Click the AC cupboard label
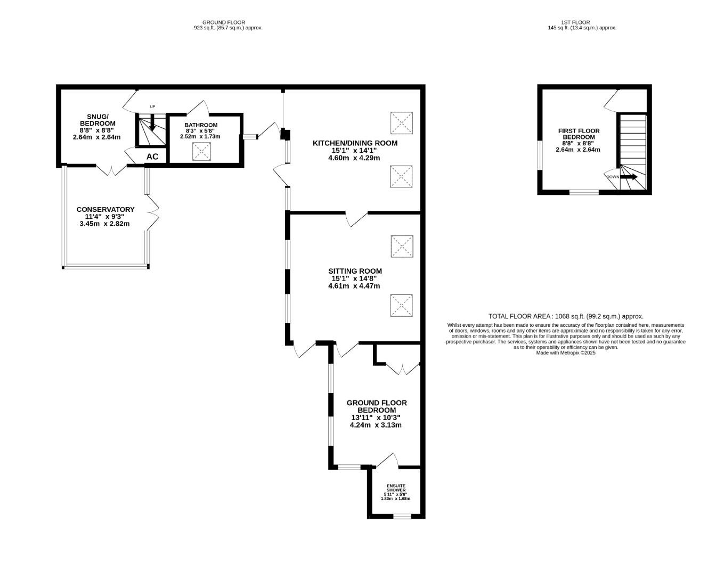(x=152, y=157)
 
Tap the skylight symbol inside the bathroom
(x=202, y=151)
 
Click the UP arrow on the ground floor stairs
(x=152, y=124)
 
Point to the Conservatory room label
(x=105, y=209)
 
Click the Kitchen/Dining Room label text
(x=355, y=143)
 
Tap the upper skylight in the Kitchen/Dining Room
(x=401, y=123)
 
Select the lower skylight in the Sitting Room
(x=402, y=306)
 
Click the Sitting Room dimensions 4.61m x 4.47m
(x=354, y=286)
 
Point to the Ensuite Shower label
(x=396, y=488)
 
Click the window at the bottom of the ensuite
(x=402, y=515)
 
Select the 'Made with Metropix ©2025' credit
(x=566, y=352)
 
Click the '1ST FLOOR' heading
(x=575, y=22)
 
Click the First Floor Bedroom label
(x=579, y=134)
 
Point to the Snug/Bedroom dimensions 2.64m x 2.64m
(x=96, y=137)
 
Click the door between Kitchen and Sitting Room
(x=357, y=218)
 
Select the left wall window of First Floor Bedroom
(x=540, y=155)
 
